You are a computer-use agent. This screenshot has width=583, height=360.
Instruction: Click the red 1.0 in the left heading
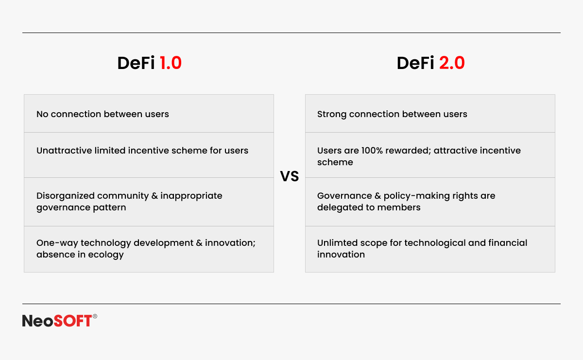click(x=171, y=63)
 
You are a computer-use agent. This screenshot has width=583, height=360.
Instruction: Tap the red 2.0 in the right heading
click(x=452, y=63)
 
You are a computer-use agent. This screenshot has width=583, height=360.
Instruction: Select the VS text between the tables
click(x=290, y=176)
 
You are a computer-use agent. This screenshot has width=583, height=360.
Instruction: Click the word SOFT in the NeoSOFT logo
click(x=72, y=321)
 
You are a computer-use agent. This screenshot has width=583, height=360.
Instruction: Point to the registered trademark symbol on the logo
click(x=95, y=316)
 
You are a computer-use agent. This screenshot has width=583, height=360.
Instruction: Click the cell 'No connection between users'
click(x=149, y=114)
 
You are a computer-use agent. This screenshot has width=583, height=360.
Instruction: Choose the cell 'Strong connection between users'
click(x=430, y=114)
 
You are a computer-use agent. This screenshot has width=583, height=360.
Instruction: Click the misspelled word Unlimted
click(x=336, y=243)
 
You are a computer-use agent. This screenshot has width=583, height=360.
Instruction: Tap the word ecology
click(x=106, y=255)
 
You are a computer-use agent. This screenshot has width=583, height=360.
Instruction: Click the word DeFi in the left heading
click(x=136, y=63)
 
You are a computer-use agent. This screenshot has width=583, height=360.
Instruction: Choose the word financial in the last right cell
click(x=508, y=243)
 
